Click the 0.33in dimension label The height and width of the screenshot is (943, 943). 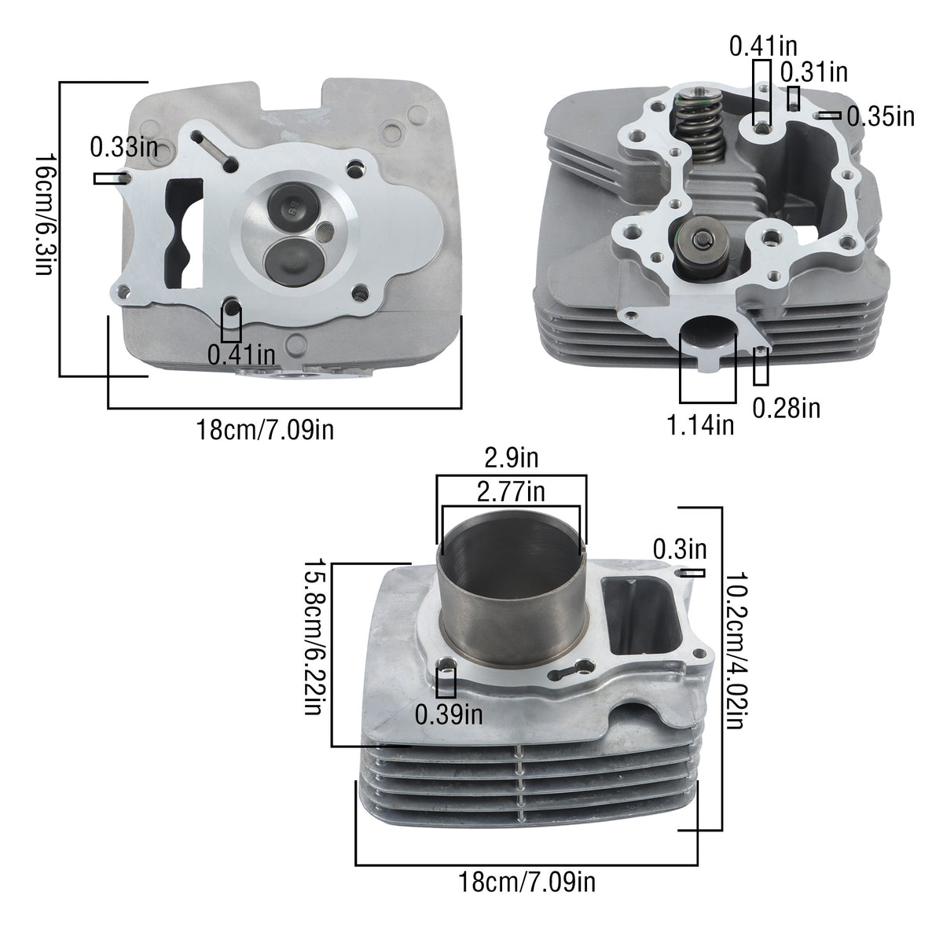click(x=124, y=147)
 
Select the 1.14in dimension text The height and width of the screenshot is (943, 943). click(x=701, y=425)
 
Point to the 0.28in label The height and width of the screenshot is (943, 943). click(x=786, y=408)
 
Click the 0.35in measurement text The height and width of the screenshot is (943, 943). click(x=880, y=116)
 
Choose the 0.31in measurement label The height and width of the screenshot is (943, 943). click(x=814, y=72)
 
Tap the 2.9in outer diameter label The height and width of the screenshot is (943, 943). click(x=512, y=458)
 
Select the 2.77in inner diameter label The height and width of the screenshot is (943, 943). click(x=511, y=492)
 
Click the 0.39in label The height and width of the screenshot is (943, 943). click(x=449, y=714)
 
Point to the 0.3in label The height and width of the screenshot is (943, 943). click(x=680, y=549)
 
